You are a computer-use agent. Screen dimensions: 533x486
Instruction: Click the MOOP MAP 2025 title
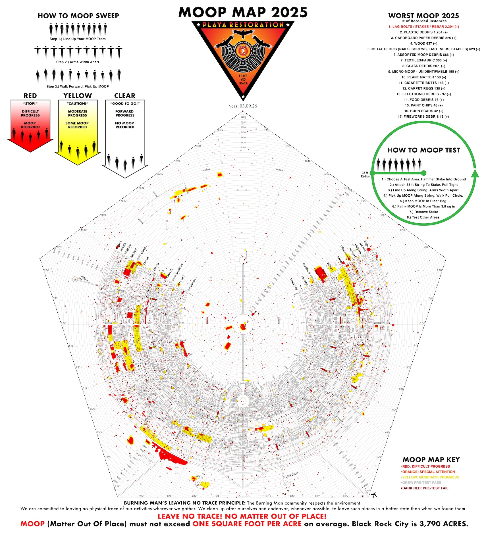point(243,12)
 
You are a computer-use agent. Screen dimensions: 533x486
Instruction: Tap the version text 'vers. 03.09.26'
point(243,106)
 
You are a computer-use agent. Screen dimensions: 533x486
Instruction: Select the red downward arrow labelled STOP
point(30,125)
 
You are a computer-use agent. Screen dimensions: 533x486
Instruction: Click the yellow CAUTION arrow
point(78,131)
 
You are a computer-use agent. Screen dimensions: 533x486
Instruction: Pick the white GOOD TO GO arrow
point(125,136)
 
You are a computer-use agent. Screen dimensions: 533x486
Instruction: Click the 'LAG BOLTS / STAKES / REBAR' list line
point(423,26)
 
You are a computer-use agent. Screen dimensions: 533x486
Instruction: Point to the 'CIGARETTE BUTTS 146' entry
point(423,83)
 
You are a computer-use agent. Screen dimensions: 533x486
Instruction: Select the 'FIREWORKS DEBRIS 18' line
point(423,116)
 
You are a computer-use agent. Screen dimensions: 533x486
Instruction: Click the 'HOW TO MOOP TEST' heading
point(423,150)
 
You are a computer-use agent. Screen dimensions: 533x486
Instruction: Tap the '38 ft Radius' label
point(365,174)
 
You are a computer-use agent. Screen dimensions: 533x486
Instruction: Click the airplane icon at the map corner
point(374,494)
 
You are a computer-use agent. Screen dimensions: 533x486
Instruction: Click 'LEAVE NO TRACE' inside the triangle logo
point(243,80)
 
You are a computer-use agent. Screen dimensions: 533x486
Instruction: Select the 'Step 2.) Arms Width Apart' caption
point(78,62)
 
